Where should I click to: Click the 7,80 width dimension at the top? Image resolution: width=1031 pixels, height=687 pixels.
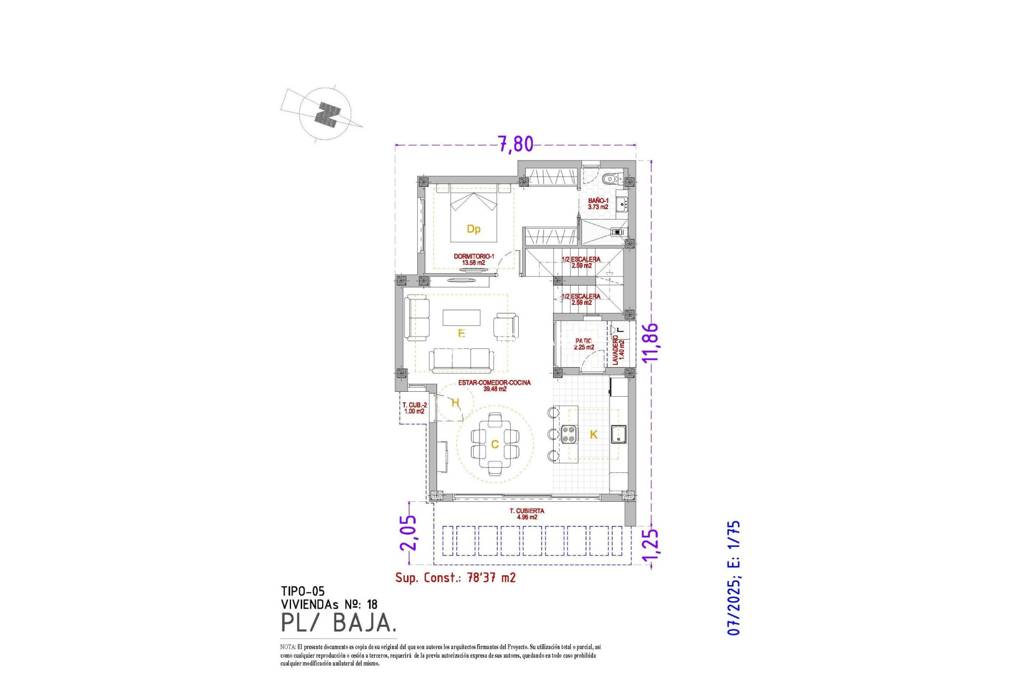pyautogui.click(x=515, y=144)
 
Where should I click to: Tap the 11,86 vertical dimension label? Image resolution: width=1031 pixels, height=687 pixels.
pyautogui.click(x=650, y=342)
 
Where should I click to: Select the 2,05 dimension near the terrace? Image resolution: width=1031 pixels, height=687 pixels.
pyautogui.click(x=408, y=532)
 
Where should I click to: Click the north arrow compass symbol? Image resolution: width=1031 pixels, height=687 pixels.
pyautogui.click(x=325, y=114)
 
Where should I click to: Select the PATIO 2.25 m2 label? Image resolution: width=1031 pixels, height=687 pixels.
pyautogui.click(x=584, y=344)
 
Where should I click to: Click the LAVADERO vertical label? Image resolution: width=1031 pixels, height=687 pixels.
pyautogui.click(x=618, y=349)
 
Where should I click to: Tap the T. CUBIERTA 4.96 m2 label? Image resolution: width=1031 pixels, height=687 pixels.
pyautogui.click(x=526, y=514)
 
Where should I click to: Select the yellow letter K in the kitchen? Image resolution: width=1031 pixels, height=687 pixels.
pyautogui.click(x=593, y=435)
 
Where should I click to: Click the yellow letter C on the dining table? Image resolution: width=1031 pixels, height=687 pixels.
pyautogui.click(x=495, y=444)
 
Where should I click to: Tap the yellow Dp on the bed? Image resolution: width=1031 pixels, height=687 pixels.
pyautogui.click(x=473, y=229)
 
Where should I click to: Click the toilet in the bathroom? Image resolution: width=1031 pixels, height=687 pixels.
pyautogui.click(x=610, y=179)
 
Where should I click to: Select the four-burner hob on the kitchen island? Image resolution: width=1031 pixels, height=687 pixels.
pyautogui.click(x=569, y=434)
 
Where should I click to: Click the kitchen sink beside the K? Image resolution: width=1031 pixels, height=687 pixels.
pyautogui.click(x=619, y=434)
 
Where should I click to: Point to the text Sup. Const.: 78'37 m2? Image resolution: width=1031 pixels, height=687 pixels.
pyautogui.click(x=455, y=578)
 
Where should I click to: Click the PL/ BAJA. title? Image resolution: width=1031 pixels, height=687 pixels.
pyautogui.click(x=339, y=623)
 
